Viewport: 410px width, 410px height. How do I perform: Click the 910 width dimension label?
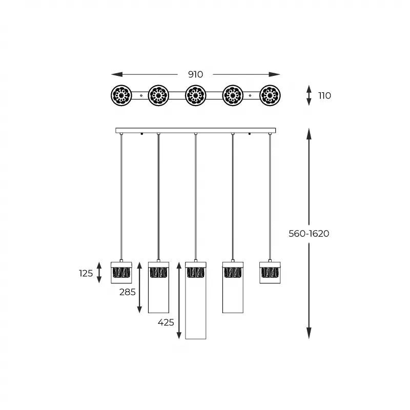pos(195,74)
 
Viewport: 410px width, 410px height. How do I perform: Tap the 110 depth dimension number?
pos(324,95)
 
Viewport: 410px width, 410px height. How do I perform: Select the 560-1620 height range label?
pos(309,234)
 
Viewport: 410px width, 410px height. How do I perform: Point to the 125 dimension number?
pos(86,273)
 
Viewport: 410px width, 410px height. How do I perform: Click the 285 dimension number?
pos(127,292)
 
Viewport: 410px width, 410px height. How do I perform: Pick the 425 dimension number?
pos(166,322)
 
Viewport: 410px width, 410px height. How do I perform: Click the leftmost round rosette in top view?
pos(121,95)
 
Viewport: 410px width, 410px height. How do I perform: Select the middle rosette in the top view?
pos(195,95)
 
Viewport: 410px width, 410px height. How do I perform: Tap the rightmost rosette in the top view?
pos(270,95)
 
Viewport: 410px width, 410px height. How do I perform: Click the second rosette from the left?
pos(158,95)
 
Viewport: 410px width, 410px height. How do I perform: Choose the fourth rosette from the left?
pos(233,95)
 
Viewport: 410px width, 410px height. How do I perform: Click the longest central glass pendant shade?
pos(195,302)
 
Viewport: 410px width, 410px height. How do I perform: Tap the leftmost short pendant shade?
pos(121,273)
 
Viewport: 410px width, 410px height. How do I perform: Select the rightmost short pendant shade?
pos(270,273)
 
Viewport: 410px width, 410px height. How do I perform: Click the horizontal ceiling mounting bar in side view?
pos(195,131)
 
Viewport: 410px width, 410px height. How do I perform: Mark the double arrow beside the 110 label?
pos(309,95)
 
